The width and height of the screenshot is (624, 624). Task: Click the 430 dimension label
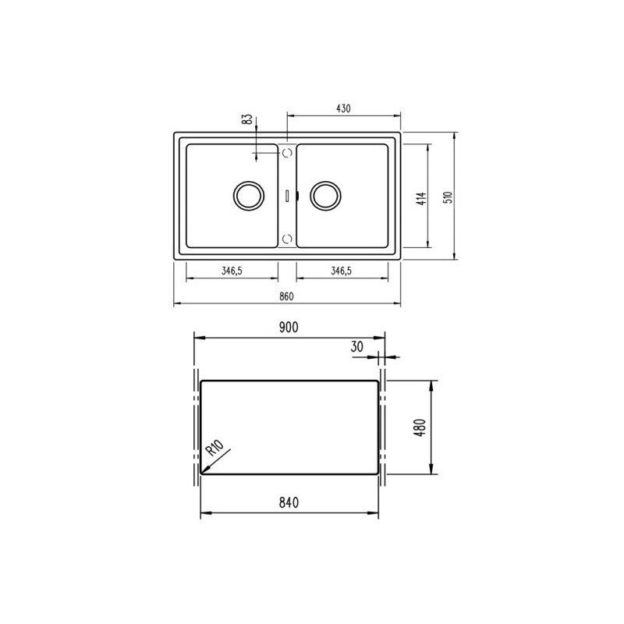coord(343,108)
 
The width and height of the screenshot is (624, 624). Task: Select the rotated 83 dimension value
coord(246,120)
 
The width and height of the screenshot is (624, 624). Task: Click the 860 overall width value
coord(286,296)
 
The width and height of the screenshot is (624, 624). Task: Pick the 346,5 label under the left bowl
coord(232,271)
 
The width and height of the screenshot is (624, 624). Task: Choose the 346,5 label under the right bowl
coord(342,271)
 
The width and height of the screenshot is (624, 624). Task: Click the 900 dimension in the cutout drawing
coord(289,328)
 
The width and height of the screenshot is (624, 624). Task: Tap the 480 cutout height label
coord(420,427)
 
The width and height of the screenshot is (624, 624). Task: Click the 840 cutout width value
coord(289,502)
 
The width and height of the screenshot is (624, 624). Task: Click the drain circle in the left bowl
coord(249,195)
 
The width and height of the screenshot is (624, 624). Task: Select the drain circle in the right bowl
coord(324,195)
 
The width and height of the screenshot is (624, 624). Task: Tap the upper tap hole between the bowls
coord(287,153)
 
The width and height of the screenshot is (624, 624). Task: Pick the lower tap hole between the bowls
coord(287,237)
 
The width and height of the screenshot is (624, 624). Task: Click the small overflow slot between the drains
coord(287,195)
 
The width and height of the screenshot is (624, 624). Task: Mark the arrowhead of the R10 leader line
coord(203,470)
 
